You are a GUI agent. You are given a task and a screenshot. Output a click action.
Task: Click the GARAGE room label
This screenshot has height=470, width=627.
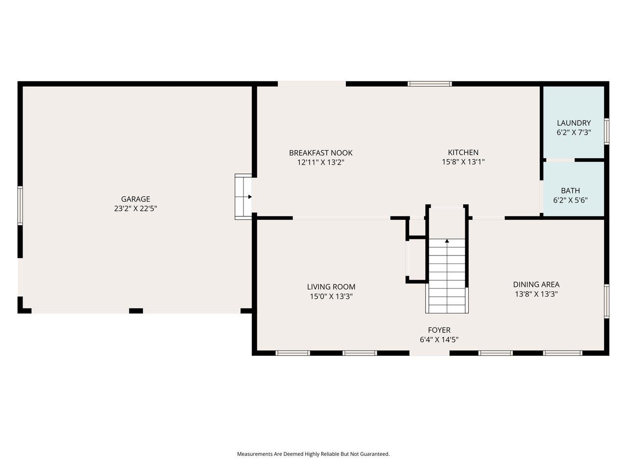(136, 199)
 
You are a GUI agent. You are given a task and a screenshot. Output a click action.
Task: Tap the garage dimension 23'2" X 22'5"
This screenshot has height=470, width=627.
(136, 209)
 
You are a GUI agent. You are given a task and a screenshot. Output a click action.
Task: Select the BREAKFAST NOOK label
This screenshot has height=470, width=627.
(320, 153)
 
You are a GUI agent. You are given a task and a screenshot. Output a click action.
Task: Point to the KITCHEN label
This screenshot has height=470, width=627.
(463, 152)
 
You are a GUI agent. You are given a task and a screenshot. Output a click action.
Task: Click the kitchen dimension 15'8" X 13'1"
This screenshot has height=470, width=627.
(463, 162)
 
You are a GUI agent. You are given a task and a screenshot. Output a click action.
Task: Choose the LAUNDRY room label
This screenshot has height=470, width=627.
(574, 123)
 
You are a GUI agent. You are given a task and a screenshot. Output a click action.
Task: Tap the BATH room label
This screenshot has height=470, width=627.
(570, 190)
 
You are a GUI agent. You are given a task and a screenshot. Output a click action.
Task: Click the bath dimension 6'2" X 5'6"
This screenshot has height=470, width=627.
(570, 200)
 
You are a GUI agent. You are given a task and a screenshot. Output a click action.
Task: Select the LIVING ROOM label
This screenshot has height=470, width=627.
(331, 287)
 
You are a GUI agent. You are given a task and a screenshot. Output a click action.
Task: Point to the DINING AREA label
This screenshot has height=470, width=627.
(536, 284)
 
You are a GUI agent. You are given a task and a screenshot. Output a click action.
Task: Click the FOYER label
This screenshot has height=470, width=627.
(439, 330)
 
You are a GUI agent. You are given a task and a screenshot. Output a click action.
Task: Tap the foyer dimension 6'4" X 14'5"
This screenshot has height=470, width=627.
(439, 340)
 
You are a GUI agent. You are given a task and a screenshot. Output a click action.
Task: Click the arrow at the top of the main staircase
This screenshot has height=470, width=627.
(447, 241)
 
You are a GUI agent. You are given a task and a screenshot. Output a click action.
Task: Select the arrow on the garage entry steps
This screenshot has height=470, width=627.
(249, 197)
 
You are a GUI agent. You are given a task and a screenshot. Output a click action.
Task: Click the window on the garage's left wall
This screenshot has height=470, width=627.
(20, 205)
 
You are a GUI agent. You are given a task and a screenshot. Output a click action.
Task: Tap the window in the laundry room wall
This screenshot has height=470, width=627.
(606, 131)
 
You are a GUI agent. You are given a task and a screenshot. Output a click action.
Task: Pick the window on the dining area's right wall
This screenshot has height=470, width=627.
(606, 301)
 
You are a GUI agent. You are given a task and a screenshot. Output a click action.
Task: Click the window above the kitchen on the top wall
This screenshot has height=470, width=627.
(430, 84)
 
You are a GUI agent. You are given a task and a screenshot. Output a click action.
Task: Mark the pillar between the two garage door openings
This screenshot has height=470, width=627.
(136, 311)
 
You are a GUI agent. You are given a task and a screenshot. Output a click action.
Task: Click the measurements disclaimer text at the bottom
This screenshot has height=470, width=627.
(313, 454)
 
